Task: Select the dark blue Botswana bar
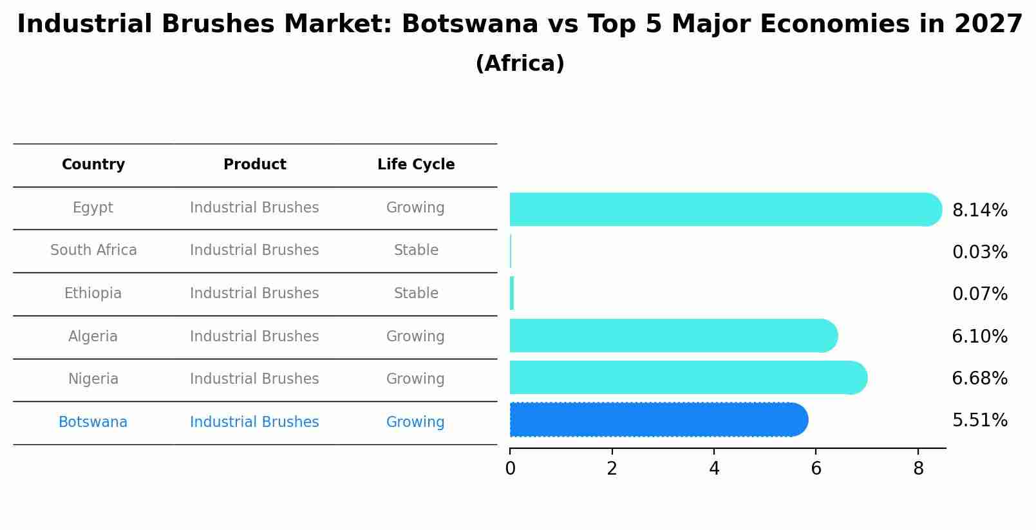tap(657, 420)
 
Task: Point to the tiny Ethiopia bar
tap(512, 294)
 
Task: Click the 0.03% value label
tap(979, 252)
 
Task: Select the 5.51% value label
tap(979, 421)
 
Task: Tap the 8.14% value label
tap(979, 211)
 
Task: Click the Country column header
tap(93, 165)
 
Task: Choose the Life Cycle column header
tap(416, 165)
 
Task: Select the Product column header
tap(254, 165)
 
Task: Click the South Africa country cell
tap(93, 251)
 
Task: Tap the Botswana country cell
tap(93, 422)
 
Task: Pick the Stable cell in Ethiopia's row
tap(416, 294)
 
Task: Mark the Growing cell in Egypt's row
tap(415, 208)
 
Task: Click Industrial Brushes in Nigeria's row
tap(254, 379)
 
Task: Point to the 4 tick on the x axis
tap(714, 469)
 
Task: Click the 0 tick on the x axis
tap(510, 469)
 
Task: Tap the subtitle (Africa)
tap(520, 64)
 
